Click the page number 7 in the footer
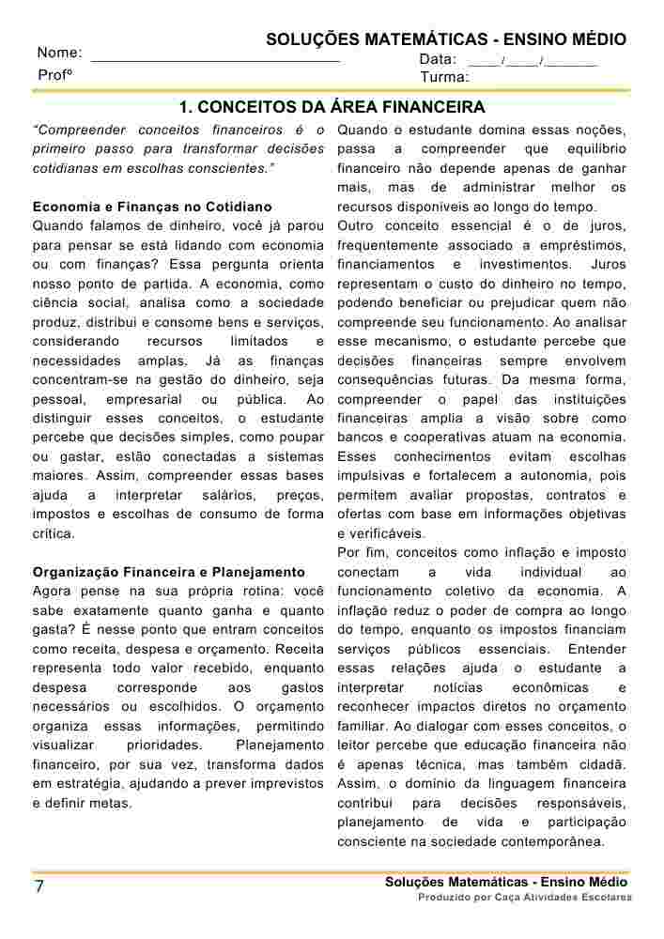[x=39, y=888]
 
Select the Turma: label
[x=444, y=77]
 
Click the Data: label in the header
[x=438, y=59]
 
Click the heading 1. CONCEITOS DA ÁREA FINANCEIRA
[x=332, y=107]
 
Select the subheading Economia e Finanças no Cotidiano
[x=152, y=207]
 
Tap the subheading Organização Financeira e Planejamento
[x=169, y=572]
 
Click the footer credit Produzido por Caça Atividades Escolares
[x=525, y=898]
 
